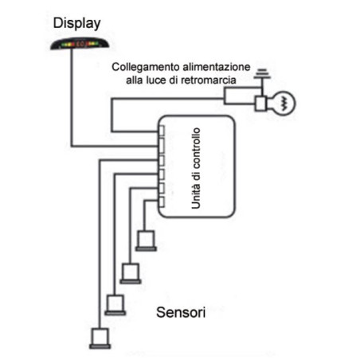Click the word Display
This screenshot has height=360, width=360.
click(76, 24)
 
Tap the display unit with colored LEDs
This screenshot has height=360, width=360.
click(80, 44)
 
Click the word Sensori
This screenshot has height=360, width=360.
click(181, 312)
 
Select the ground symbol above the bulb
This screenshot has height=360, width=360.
click(262, 74)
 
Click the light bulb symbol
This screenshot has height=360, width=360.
click(284, 103)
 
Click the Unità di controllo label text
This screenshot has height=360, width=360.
click(196, 168)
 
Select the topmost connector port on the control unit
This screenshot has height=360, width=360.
click(161, 131)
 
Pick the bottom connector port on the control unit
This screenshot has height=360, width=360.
click(161, 202)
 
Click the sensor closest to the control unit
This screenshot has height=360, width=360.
click(146, 241)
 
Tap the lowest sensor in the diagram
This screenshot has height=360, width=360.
click(100, 338)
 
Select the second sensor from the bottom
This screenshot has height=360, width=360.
click(115, 305)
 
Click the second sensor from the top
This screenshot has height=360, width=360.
click(131, 273)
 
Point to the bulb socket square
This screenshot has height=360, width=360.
click(260, 104)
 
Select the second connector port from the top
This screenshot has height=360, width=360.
click(161, 146)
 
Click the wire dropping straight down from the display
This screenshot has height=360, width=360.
click(72, 98)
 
